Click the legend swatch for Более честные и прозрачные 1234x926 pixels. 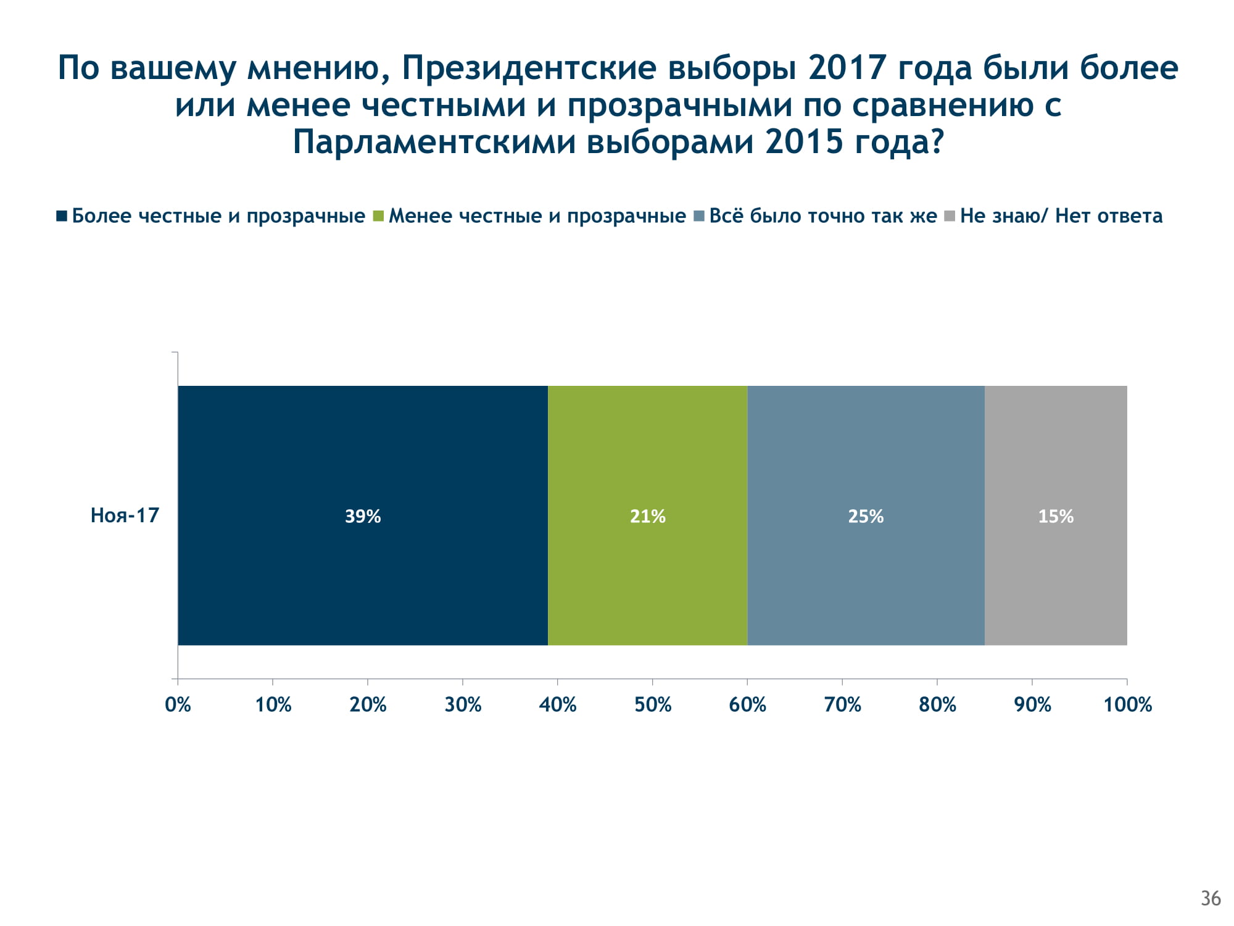62,216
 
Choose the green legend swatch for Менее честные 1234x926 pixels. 378,216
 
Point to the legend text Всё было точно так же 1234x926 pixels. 822,216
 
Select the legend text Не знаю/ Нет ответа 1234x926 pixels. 1061,216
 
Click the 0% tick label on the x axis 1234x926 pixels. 178,704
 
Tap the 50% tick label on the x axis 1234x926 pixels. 653,704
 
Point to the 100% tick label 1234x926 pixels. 1127,704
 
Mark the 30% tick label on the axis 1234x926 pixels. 463,704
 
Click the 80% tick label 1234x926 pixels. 937,704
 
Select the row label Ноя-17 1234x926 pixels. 125,515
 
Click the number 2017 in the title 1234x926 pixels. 847,68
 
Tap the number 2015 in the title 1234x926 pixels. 804,142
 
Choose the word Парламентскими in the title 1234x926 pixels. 434,142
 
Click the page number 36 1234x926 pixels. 1211,898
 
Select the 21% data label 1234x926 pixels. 648,516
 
